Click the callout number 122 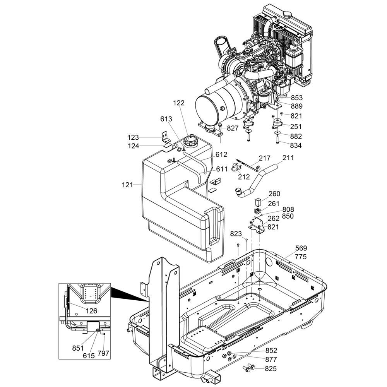(179, 103)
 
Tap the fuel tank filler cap (190, 141)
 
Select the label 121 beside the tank (127, 185)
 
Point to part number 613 (166, 119)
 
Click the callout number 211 (288, 158)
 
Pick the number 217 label (265, 158)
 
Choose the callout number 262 (274, 218)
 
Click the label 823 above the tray (236, 233)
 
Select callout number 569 (301, 248)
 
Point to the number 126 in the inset (92, 311)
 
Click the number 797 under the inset (103, 353)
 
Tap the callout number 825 (271, 369)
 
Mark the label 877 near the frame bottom (271, 360)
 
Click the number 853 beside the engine (296, 98)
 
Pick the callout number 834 (296, 146)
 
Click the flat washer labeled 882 (277, 134)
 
